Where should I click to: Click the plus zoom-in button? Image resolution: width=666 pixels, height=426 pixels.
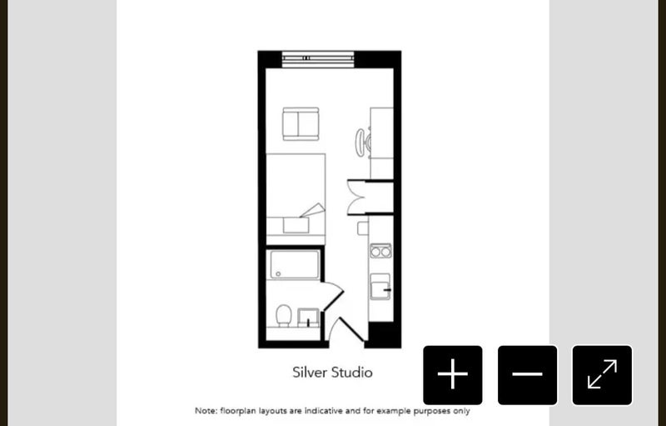click(x=452, y=374)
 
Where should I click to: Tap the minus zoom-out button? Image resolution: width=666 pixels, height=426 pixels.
click(x=527, y=374)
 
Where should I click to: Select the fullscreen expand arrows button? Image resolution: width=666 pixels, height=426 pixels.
click(x=602, y=374)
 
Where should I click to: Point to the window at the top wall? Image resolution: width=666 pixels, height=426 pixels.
click(x=318, y=59)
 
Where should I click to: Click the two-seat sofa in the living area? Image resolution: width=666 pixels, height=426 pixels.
click(x=301, y=123)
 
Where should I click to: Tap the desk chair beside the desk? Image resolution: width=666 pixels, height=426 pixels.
click(x=362, y=143)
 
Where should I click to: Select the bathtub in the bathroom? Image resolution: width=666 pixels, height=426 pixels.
click(x=295, y=264)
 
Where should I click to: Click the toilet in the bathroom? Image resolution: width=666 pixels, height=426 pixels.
click(x=283, y=315)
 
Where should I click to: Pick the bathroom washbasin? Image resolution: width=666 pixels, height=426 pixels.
click(x=308, y=318)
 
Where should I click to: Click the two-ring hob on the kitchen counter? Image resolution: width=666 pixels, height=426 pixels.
click(x=380, y=251)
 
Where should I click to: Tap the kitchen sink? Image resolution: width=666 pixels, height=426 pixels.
click(x=380, y=287)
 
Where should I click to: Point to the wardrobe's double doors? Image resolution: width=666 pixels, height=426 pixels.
click(x=356, y=198)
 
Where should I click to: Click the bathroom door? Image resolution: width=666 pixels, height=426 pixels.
click(x=333, y=296)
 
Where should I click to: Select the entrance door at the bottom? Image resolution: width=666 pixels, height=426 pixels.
click(x=347, y=329)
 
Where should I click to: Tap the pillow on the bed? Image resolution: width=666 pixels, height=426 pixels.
click(x=296, y=225)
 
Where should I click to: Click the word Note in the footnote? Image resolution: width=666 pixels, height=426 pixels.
click(x=206, y=411)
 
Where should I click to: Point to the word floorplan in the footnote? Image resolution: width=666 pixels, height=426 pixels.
click(x=238, y=411)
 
